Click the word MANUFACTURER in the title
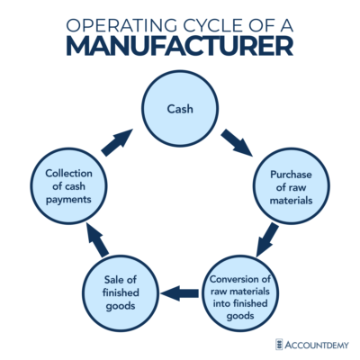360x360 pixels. coord(180,44)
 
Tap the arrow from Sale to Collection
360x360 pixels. coord(94,240)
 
